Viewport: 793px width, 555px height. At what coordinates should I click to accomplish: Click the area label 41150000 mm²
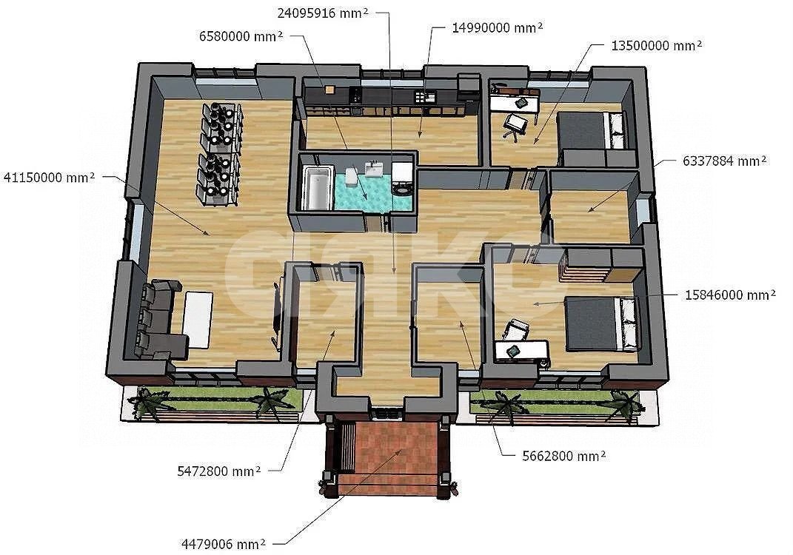49,178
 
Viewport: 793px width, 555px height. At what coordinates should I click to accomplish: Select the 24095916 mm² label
323,13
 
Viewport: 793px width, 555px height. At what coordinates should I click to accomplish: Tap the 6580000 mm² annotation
241,36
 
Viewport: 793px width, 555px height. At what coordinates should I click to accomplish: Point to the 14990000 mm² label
498,28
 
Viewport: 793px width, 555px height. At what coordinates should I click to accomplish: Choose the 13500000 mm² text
657,45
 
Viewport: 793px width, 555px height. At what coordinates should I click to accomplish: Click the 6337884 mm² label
724,161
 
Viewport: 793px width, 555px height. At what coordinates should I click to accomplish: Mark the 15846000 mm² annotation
730,295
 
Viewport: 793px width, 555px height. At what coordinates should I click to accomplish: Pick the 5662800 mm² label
564,457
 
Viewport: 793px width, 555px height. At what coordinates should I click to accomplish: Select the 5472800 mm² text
219,471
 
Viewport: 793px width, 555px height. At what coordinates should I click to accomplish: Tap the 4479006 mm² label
223,545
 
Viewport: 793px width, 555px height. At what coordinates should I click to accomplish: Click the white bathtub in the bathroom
317,188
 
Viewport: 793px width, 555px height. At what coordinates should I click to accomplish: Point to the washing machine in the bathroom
402,178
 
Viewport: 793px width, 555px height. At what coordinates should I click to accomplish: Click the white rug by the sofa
198,320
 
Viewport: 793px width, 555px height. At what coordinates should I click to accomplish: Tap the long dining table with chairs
219,154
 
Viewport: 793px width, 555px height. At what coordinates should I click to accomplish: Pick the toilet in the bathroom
352,177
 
